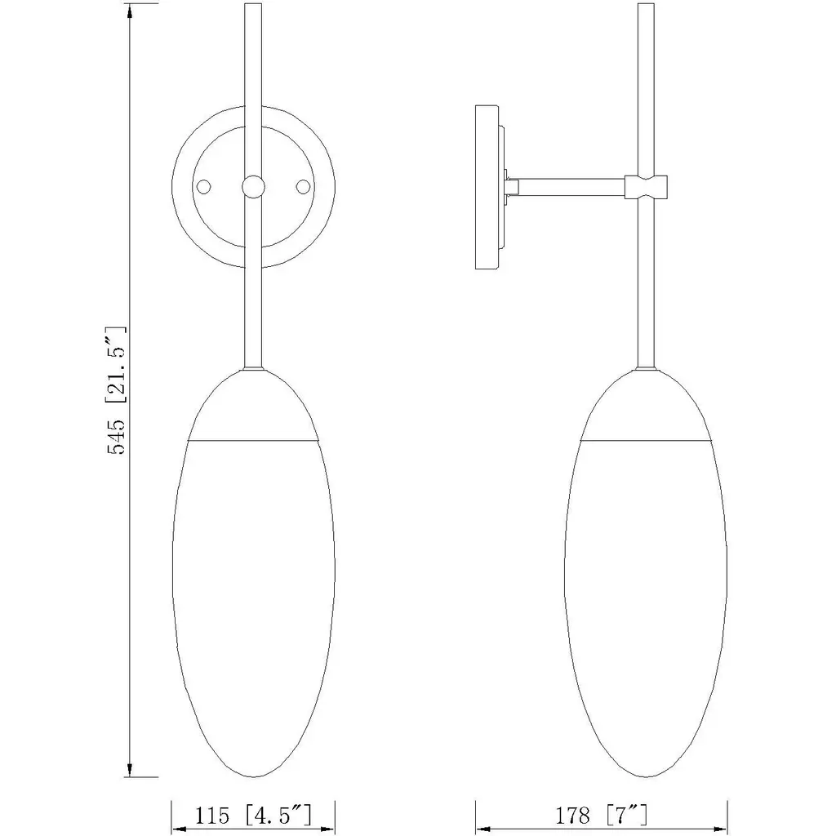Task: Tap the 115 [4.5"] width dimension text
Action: coord(253,816)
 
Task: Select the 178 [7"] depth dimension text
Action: coord(602,816)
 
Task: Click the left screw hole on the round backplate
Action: coord(203,187)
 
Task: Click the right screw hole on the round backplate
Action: coord(303,187)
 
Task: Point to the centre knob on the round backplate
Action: coord(253,187)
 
